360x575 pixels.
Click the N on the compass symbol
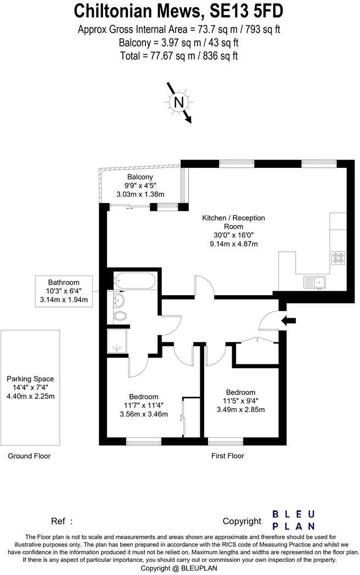tap(179, 102)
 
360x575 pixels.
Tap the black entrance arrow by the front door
tap(289, 321)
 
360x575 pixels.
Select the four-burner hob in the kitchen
tap(338, 258)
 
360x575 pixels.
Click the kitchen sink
tap(314, 283)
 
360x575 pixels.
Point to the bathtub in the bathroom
tap(134, 280)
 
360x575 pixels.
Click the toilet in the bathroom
tap(120, 315)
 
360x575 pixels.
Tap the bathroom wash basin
tap(119, 300)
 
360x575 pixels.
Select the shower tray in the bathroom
tap(117, 341)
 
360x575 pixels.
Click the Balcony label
tap(140, 177)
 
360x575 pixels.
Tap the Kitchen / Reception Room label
tap(233, 222)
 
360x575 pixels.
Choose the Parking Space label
tap(31, 379)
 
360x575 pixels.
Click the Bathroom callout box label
tap(64, 283)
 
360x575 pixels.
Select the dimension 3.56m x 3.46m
tap(144, 414)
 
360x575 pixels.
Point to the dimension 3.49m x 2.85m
tap(241, 410)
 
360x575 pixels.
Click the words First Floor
tap(228, 456)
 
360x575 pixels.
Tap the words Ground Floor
tap(29, 456)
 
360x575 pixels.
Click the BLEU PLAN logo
tap(294, 520)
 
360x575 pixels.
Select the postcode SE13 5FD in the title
tap(246, 11)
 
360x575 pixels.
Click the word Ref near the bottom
tap(58, 521)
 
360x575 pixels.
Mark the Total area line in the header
tap(179, 56)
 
